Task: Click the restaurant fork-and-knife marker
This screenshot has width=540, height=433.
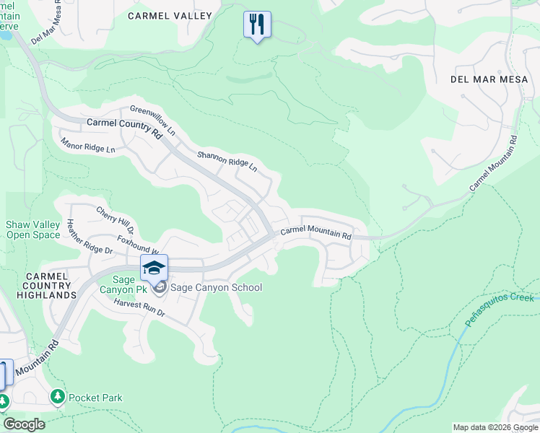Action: (x=257, y=25)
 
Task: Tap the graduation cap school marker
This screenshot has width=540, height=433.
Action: (x=154, y=269)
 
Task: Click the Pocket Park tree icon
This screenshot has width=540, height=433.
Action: (x=58, y=397)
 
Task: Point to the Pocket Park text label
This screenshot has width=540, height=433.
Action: (x=95, y=398)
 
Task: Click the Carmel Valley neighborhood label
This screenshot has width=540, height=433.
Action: (x=170, y=16)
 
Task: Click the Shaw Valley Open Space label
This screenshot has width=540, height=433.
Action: (x=33, y=230)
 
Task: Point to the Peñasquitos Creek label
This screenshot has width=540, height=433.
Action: (x=499, y=310)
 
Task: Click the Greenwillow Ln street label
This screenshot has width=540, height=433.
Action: (x=153, y=121)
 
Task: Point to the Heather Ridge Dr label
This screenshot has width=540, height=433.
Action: (x=90, y=237)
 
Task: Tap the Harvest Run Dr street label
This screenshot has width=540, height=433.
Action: (x=140, y=309)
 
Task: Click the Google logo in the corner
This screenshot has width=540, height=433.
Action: (x=24, y=424)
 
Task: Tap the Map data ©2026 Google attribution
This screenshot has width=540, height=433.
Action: (x=495, y=427)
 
